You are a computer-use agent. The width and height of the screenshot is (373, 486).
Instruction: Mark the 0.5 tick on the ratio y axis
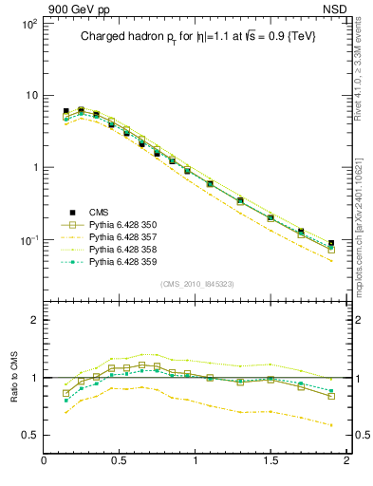[29, 435]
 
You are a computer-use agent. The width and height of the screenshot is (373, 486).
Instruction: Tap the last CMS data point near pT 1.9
[330, 244]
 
